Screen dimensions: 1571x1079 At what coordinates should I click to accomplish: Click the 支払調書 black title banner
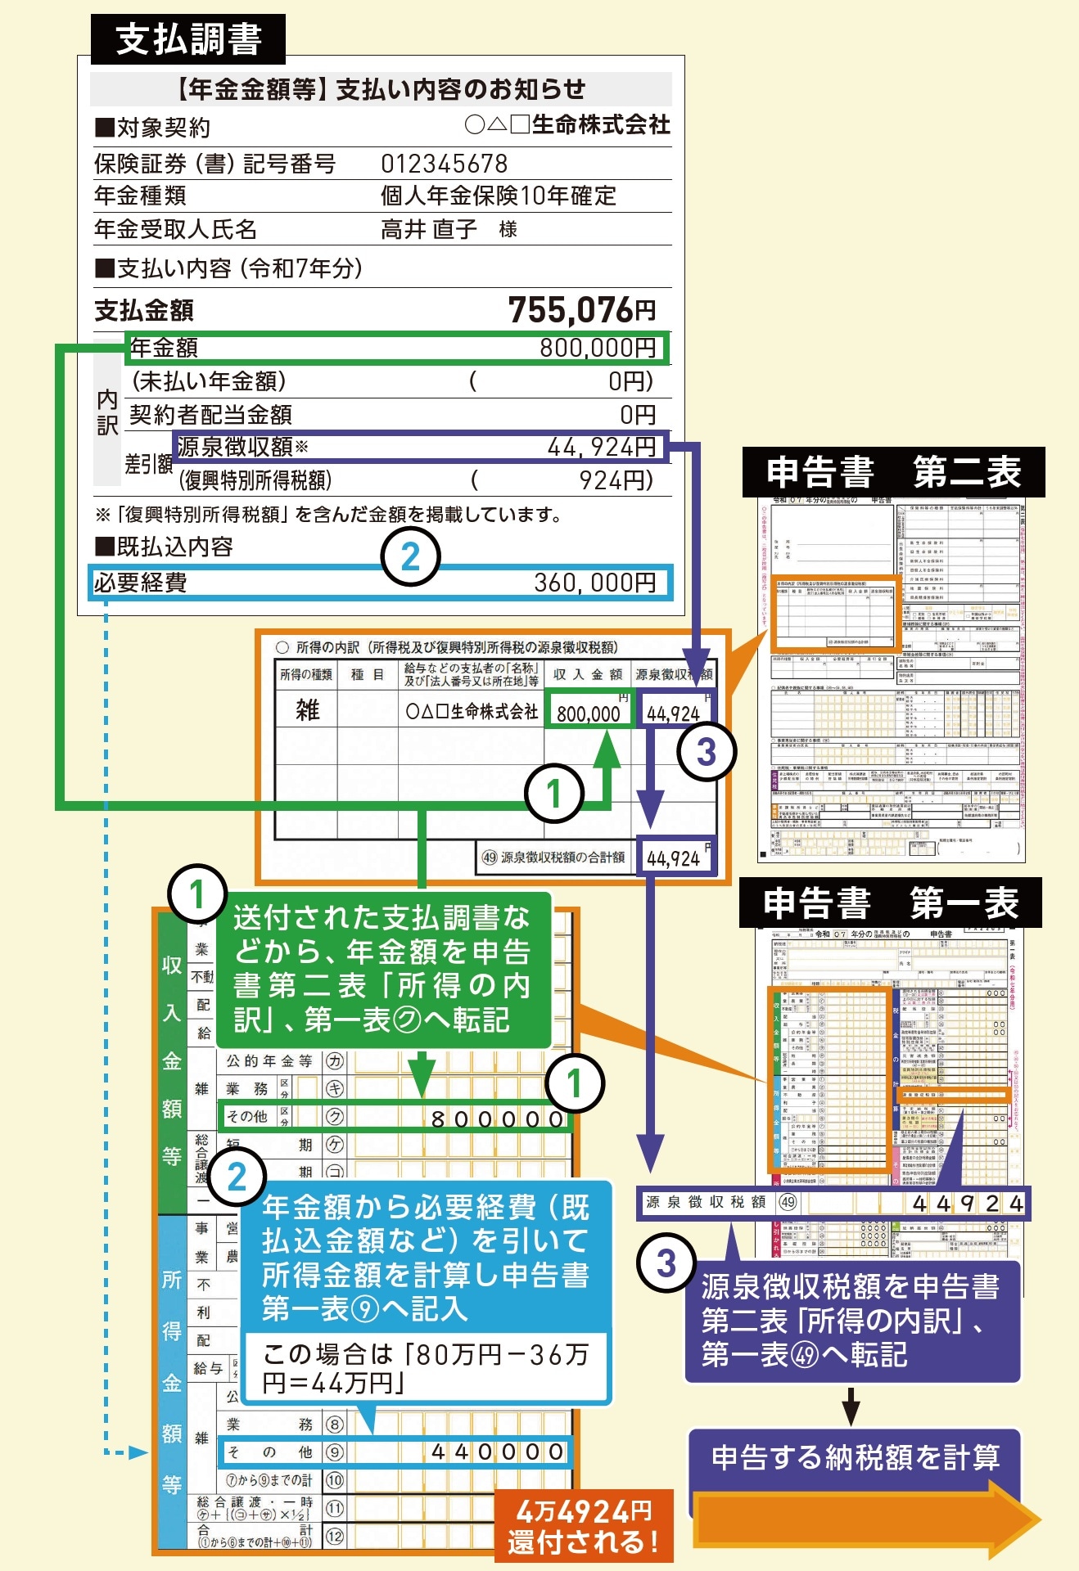click(x=188, y=39)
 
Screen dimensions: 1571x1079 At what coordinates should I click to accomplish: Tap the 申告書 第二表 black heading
click(x=893, y=472)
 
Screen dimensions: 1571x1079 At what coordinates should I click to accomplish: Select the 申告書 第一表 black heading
click(x=891, y=903)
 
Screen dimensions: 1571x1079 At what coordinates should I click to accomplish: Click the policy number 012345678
click(x=444, y=164)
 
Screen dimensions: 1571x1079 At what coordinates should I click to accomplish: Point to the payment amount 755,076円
click(x=581, y=310)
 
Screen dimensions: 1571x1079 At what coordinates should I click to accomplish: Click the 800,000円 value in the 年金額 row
click(x=598, y=348)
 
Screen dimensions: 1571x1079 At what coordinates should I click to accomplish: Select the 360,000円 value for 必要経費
click(x=594, y=583)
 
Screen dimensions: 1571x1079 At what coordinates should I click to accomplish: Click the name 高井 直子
click(x=429, y=229)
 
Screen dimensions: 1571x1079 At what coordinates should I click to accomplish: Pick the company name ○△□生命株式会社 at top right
click(x=567, y=124)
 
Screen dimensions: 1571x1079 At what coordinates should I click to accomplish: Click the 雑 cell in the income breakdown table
click(x=307, y=709)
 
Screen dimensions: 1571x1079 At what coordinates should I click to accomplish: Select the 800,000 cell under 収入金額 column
click(x=589, y=713)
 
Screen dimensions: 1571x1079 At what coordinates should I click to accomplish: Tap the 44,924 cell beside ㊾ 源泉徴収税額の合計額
click(x=674, y=858)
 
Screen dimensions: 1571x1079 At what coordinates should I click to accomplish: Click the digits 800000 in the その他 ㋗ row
click(x=497, y=1119)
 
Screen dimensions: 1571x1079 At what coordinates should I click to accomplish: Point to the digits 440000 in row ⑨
click(x=497, y=1452)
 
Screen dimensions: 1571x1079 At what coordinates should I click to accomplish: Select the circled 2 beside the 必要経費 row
click(x=410, y=557)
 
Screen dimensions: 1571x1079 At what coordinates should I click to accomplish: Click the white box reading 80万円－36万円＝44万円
click(x=426, y=1368)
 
